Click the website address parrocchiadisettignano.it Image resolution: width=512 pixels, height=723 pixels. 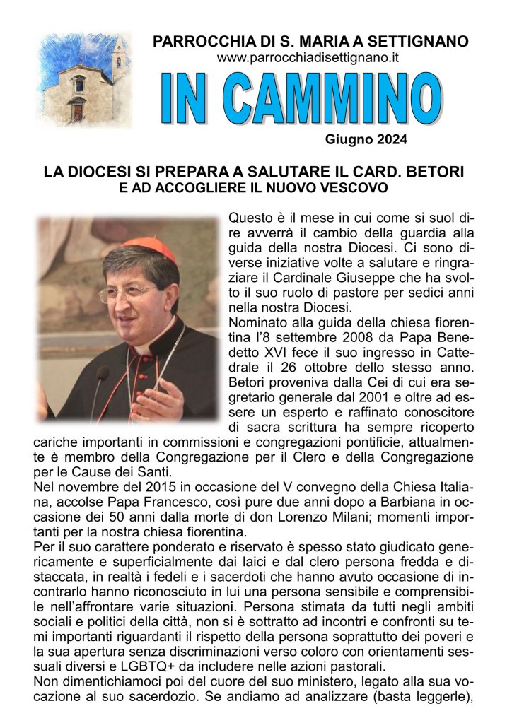(309, 59)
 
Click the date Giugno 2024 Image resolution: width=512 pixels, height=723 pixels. (366, 139)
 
